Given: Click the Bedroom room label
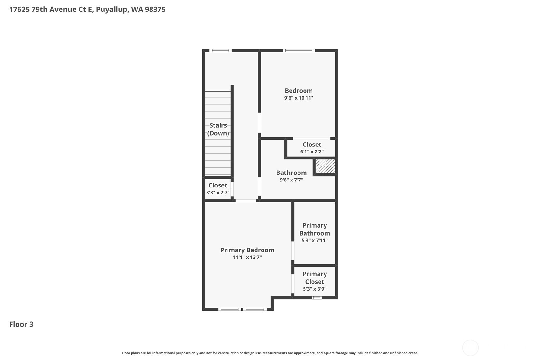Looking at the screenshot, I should click(298, 91).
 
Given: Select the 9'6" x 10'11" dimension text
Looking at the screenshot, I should click(298, 98).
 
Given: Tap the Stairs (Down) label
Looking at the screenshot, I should click(218, 129).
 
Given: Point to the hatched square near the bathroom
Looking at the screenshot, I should click(325, 166).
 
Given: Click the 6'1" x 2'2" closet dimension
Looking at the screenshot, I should click(312, 152).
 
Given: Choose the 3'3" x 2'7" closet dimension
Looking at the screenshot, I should click(218, 193).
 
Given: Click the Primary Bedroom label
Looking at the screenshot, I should click(247, 250).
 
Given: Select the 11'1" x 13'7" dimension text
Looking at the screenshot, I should click(247, 257).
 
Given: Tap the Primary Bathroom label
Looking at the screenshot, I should click(314, 229).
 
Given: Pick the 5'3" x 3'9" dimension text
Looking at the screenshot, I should click(314, 289).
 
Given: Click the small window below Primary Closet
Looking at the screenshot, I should click(317, 298).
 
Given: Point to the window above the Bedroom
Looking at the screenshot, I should click(299, 50).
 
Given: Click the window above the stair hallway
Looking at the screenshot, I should click(220, 50).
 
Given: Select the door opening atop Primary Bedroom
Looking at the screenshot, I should click(245, 201).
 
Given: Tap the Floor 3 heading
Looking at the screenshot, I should click(21, 324).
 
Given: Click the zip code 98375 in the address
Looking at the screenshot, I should click(155, 9).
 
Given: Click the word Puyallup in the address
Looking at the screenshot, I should click(112, 9).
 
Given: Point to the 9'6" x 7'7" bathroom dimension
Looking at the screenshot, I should click(291, 180).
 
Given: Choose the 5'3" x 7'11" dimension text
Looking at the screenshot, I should click(314, 241).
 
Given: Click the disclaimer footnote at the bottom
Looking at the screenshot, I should click(270, 353).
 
